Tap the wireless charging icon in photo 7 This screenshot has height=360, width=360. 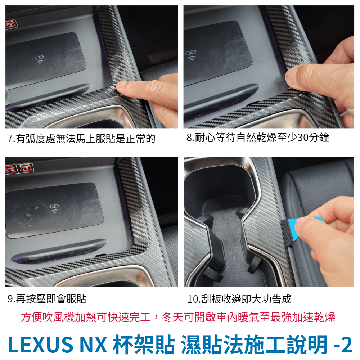[40, 59]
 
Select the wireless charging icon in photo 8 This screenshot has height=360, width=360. [190, 55]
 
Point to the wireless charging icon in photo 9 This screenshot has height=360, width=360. [54, 208]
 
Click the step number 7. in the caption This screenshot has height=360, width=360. [11, 139]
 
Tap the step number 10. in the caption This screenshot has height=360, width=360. [194, 299]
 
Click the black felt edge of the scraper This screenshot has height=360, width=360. [285, 232]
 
